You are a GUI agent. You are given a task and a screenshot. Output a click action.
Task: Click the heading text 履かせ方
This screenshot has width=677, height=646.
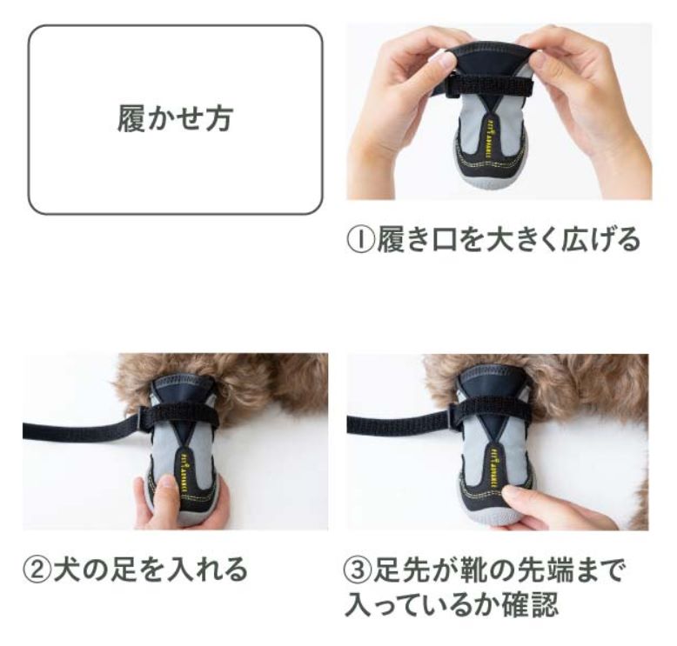[x=175, y=118]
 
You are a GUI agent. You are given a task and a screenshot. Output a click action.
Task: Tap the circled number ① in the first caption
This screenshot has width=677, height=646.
[x=361, y=239]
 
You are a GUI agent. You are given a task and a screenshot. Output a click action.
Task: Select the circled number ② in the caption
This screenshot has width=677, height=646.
[x=37, y=569]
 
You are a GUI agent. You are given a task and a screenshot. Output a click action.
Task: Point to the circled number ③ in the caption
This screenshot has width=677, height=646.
[x=358, y=570]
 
